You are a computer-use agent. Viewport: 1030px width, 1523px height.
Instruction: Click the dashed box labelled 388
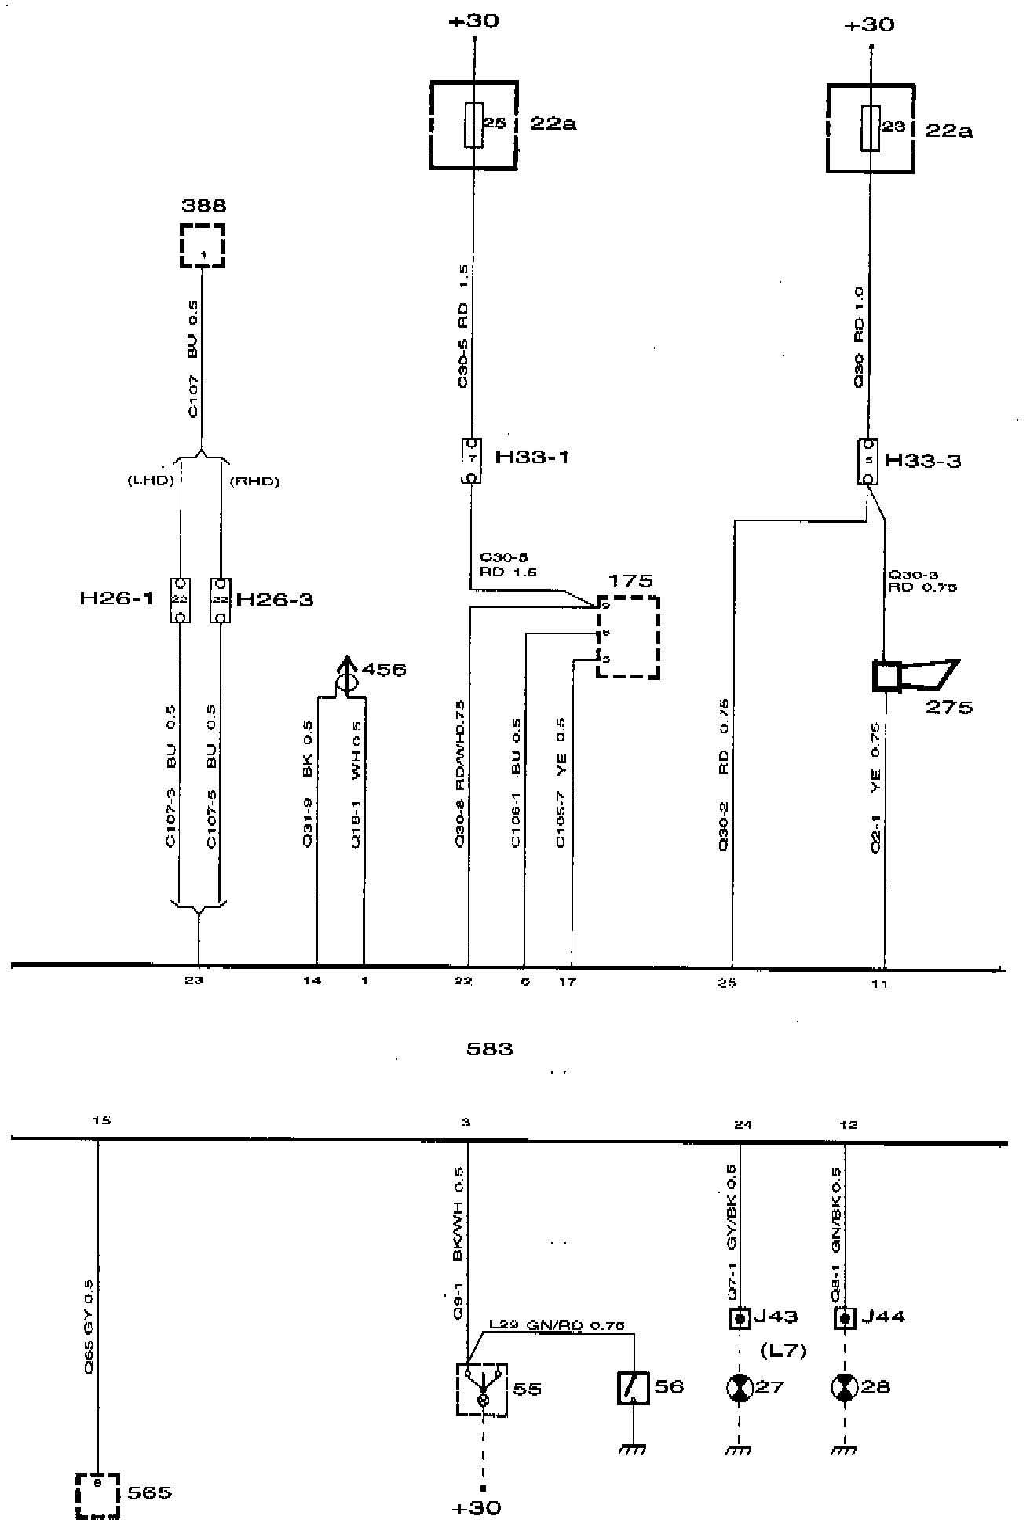[x=203, y=246]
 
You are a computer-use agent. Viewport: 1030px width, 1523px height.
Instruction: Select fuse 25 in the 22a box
[x=473, y=125]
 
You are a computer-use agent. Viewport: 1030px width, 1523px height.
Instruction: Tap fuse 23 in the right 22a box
[x=870, y=128]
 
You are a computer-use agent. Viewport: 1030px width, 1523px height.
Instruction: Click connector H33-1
[x=472, y=461]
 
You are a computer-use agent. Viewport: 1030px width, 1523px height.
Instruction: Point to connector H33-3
[x=867, y=462]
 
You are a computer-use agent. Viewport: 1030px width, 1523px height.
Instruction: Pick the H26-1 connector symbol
[x=181, y=601]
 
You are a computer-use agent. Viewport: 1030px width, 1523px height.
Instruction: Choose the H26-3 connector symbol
[x=221, y=601]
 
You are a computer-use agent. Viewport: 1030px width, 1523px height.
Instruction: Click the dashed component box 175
[x=628, y=637]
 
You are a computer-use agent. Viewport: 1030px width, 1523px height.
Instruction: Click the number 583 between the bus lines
[x=489, y=1048]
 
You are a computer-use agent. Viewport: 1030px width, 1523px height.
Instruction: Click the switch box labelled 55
[x=482, y=1389]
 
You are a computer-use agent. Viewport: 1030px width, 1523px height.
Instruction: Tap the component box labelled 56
[x=633, y=1388]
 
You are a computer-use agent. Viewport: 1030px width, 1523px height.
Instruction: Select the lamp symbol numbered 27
[x=740, y=1387]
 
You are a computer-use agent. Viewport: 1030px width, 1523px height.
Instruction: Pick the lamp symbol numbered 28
[x=845, y=1387]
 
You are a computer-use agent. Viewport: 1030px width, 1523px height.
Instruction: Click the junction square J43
[x=740, y=1318]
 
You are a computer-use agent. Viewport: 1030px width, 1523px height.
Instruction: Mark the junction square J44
[x=845, y=1318]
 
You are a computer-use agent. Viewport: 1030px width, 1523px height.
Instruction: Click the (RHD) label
[x=254, y=481]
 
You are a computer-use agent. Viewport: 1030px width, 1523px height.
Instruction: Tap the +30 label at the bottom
[x=477, y=1507]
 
